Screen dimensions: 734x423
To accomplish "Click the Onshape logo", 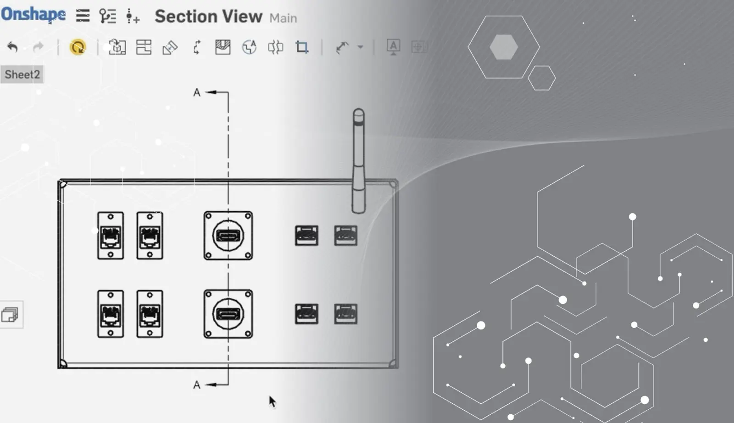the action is (33, 14).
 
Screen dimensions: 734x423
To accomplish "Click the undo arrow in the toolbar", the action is (12, 47).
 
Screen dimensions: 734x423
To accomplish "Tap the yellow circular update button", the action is (78, 47).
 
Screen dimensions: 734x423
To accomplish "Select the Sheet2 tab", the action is (22, 74).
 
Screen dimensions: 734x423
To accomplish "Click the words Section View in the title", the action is (208, 16).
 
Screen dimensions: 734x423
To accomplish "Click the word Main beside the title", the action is (283, 18).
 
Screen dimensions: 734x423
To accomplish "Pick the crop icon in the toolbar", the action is (302, 47).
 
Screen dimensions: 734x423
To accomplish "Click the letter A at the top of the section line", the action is (197, 92).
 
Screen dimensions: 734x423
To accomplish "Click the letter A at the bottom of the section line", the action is (197, 385).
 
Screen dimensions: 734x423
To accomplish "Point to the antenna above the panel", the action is (358, 161).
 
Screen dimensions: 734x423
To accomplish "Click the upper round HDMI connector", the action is (228, 236).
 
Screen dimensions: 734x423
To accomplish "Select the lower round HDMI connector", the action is (228, 314).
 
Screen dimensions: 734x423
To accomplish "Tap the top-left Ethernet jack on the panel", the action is (111, 236).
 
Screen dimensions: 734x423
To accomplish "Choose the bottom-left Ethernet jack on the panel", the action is (111, 314).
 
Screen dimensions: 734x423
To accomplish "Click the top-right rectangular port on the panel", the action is (346, 236).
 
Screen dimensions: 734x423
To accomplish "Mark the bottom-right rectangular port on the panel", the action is (346, 314).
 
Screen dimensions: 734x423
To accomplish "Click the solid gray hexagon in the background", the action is (504, 47).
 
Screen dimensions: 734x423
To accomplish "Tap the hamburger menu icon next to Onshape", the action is (83, 16).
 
